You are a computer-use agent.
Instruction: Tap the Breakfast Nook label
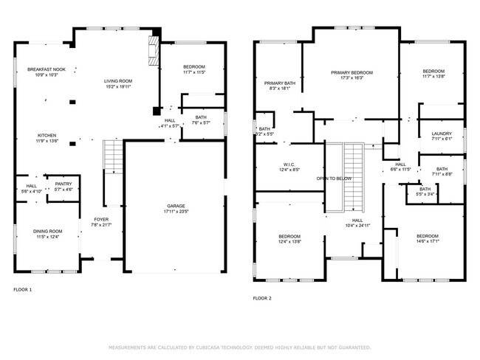point(47,70)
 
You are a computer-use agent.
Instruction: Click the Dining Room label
point(47,232)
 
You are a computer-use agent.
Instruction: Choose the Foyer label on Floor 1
point(100,219)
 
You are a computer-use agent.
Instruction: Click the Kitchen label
point(47,136)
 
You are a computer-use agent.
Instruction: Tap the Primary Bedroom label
point(352,72)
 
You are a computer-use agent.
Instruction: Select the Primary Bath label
point(280,83)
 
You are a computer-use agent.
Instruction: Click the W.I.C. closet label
point(289,165)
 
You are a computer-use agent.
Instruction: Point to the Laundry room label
point(442,134)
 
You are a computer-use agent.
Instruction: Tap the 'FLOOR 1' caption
point(23,290)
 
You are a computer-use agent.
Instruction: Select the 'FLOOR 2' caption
point(262,298)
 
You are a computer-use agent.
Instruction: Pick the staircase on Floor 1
point(112,156)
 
